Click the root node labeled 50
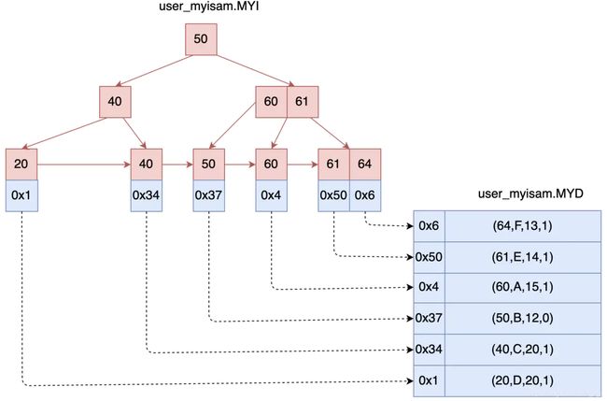[201, 39]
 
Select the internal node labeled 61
[303, 102]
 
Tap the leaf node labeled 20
[21, 165]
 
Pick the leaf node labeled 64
[365, 165]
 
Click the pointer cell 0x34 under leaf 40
[147, 195]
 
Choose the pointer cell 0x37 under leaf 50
[208, 195]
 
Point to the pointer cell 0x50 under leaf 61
[333, 195]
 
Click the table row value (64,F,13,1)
[523, 226]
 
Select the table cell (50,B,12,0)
[523, 319]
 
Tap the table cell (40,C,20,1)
[523, 350]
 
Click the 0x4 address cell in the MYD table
[430, 288]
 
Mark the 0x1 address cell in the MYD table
[430, 381]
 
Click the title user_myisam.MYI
[208, 7]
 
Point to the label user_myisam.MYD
[530, 193]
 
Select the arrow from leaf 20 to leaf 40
[84, 165]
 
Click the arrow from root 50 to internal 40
[154, 71]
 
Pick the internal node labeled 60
[271, 102]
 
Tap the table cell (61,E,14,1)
[523, 258]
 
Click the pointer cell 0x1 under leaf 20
[21, 195]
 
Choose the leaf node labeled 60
[272, 165]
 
